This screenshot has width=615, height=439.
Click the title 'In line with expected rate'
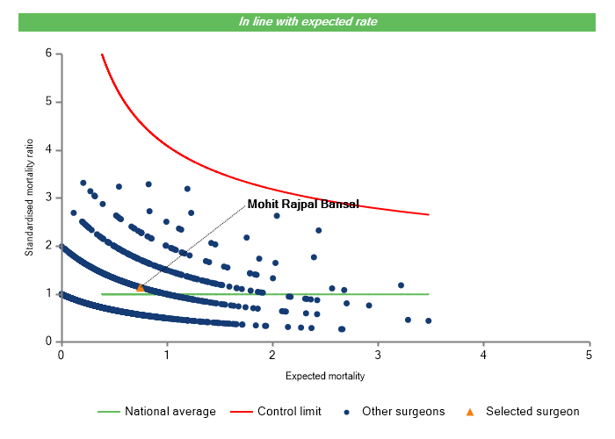(307, 21)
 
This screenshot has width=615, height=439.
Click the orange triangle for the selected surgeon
(140, 287)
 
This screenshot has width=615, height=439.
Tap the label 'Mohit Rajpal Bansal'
(303, 205)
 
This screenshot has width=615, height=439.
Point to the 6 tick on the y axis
(49, 54)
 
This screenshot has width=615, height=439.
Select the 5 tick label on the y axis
(49, 102)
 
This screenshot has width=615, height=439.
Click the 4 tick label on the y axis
(49, 150)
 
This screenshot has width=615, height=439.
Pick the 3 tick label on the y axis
(49, 198)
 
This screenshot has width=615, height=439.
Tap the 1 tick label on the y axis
(49, 294)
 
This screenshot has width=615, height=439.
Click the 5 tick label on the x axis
(589, 356)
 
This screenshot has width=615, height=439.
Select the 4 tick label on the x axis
(483, 356)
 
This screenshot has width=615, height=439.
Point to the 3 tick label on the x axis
(378, 356)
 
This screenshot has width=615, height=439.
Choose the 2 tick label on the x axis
(272, 356)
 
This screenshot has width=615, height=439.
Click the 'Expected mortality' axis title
(325, 376)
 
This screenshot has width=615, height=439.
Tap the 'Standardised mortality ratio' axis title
(29, 198)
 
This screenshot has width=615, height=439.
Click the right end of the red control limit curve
(429, 214)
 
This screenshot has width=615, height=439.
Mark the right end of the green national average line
(429, 294)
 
